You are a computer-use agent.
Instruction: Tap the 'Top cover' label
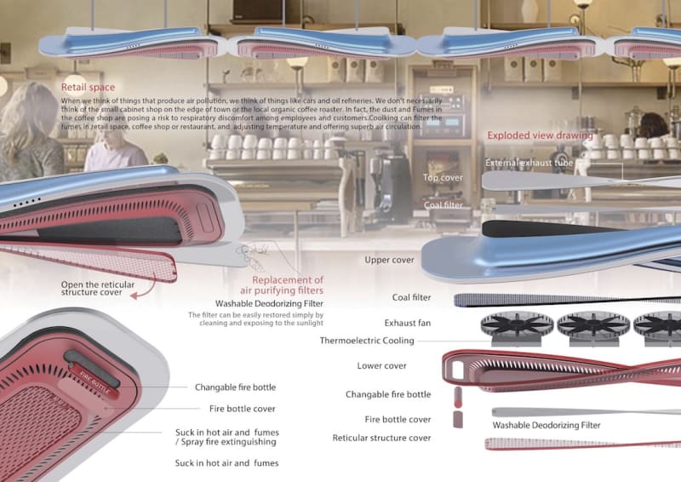tap(443, 178)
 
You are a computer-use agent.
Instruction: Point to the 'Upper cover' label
tap(390, 260)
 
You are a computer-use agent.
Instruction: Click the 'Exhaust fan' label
tap(407, 324)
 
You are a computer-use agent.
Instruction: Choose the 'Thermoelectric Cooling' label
tap(367, 341)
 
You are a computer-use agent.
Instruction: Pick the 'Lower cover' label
tap(381, 366)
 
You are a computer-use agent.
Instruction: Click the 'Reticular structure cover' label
tap(381, 438)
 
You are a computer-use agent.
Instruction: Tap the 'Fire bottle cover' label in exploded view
tap(398, 420)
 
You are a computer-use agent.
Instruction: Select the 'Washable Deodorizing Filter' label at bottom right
tap(546, 425)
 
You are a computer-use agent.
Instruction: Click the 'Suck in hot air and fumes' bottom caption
tap(226, 463)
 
